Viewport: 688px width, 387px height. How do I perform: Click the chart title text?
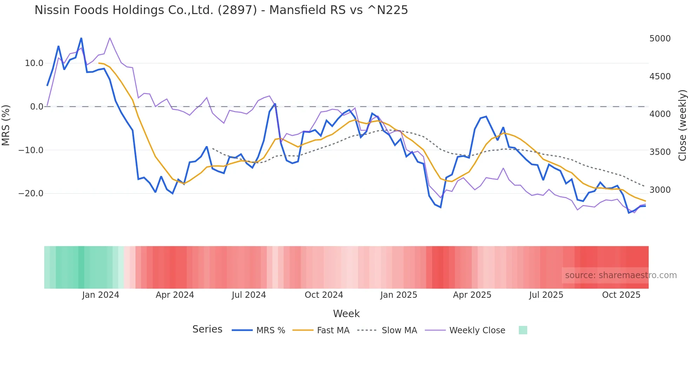221,10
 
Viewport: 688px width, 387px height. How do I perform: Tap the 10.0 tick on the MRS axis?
34,63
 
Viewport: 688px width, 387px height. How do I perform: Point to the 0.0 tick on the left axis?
37,107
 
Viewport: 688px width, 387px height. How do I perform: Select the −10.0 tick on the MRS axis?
31,150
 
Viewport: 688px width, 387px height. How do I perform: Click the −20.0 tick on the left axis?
31,193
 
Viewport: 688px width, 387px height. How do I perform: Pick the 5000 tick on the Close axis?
660,39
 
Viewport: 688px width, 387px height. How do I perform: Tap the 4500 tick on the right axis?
660,77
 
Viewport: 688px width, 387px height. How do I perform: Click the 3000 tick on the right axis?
660,190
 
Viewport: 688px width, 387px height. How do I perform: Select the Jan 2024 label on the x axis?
101,295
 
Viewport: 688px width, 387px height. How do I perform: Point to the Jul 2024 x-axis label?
249,295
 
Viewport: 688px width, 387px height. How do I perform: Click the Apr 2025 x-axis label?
472,295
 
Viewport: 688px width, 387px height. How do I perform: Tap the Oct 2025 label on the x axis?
621,295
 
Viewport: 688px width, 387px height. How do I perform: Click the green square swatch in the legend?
523,330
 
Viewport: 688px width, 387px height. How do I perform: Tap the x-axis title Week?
346,314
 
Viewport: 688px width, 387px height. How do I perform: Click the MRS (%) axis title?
6,125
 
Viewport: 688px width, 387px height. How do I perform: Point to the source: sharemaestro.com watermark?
621,275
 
